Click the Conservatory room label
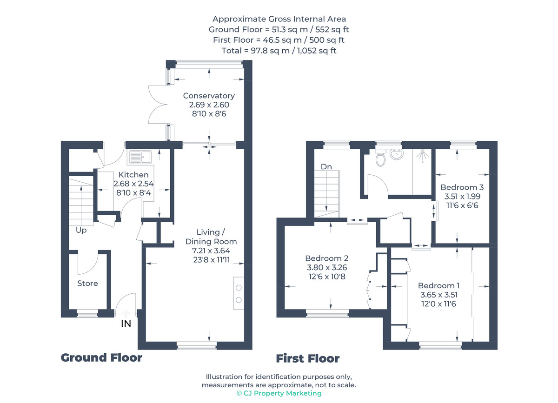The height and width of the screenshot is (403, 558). point(209,96)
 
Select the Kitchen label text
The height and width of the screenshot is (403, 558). point(133,175)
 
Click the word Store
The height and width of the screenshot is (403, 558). point(88,283)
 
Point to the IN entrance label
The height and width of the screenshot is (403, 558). point(126,324)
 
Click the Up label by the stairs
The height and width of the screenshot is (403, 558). point(81,230)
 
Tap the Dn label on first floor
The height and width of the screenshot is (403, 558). point(326,166)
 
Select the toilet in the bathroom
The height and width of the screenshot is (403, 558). point(380,159)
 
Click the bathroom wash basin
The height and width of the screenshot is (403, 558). point(397,155)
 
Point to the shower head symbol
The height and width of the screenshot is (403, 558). point(422,156)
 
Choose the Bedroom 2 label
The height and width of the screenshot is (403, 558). point(327,258)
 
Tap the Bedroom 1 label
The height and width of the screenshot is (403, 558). point(438,285)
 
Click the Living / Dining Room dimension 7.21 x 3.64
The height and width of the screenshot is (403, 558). point(211,251)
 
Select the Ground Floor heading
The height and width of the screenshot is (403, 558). point(101,357)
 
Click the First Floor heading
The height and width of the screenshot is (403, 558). point(308,358)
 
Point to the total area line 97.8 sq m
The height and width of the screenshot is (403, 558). point(279,51)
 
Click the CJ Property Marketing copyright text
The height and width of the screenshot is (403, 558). point(279,393)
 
